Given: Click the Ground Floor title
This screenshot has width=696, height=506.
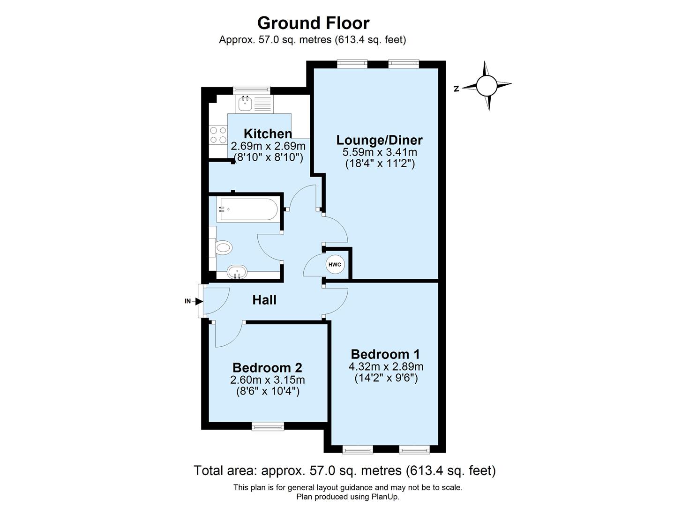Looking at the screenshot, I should click(x=313, y=23).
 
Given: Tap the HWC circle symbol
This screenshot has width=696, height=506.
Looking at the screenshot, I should click(x=335, y=265).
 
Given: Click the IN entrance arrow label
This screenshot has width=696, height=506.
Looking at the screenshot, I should click(x=188, y=301).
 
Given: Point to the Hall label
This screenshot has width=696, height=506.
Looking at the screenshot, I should click(x=264, y=300).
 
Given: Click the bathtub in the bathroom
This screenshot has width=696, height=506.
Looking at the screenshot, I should click(x=248, y=210).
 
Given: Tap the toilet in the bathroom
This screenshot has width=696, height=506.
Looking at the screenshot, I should click(x=223, y=248).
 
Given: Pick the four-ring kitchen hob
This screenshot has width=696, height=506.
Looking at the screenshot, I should click(x=218, y=135).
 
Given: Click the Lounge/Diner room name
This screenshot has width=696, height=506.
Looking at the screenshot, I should click(x=379, y=140).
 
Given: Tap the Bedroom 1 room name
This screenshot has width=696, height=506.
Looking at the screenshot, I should click(x=385, y=354).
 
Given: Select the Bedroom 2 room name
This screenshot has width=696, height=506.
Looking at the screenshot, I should click(x=267, y=367).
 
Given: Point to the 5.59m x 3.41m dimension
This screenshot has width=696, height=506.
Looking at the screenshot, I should click(x=380, y=152).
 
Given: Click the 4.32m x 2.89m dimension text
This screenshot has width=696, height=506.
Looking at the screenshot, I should click(x=386, y=366).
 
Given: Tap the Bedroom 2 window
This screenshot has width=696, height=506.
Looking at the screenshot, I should click(x=268, y=426).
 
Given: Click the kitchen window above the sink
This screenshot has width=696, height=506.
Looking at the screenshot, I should click(x=252, y=89).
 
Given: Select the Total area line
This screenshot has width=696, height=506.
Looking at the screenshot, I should click(x=344, y=470).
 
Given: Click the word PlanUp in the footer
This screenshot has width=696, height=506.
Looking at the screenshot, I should click(x=385, y=497).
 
